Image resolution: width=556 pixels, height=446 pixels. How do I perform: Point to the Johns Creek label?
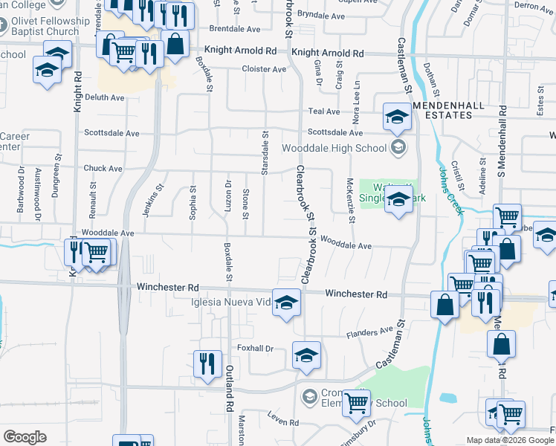tap(450, 190)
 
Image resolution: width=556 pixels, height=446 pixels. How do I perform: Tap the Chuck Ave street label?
tap(103, 169)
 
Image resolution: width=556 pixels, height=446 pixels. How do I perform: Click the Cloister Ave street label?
tap(264, 69)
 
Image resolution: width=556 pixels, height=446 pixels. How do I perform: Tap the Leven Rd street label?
tap(283, 421)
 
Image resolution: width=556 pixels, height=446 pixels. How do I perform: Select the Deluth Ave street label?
tap(104, 97)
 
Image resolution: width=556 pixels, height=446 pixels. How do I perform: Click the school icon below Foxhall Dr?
tap(306, 356)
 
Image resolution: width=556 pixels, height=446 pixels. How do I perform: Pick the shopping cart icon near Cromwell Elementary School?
tap(357, 404)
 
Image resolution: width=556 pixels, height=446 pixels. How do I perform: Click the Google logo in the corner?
tap(25, 437)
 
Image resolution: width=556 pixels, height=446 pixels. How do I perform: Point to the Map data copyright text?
tap(511, 440)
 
